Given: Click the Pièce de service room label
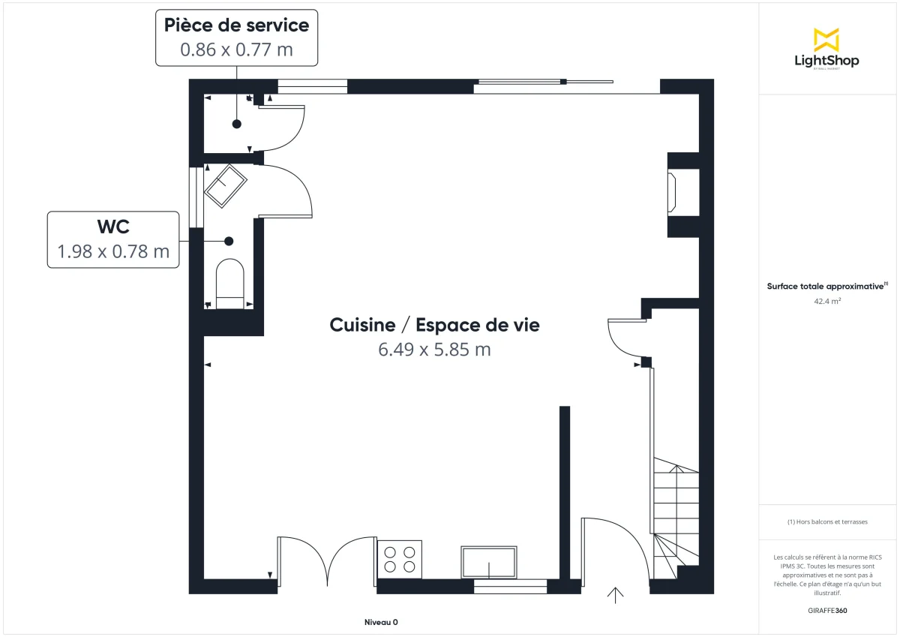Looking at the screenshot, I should click(236, 26).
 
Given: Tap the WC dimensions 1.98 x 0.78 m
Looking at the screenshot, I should click(113, 251).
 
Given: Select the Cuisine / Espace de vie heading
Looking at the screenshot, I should click(434, 325).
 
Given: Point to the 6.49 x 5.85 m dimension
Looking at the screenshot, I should click(434, 349).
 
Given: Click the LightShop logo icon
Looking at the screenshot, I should click(826, 39).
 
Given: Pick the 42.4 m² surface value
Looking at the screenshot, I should click(826, 302).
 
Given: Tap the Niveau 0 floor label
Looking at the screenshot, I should click(381, 622).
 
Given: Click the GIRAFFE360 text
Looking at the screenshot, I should click(826, 610).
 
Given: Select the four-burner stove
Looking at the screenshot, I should click(400, 559).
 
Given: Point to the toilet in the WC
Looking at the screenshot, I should click(229, 284).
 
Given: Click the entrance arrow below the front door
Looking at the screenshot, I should click(615, 595).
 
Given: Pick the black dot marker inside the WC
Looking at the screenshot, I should click(229, 241).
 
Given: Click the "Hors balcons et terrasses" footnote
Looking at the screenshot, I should click(826, 521).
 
